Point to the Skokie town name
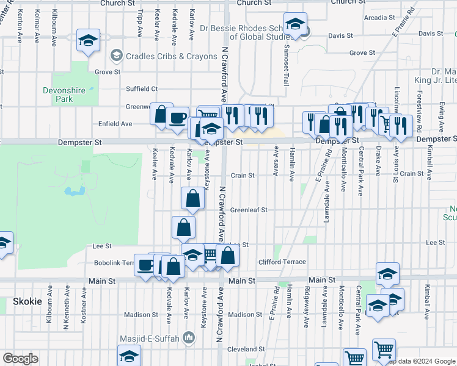click(x=27, y=302)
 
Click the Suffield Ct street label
click(x=142, y=89)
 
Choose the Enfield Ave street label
click(x=115, y=124)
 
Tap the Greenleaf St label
click(x=249, y=210)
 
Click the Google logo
click(x=21, y=359)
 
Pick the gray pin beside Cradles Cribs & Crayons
click(x=115, y=57)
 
